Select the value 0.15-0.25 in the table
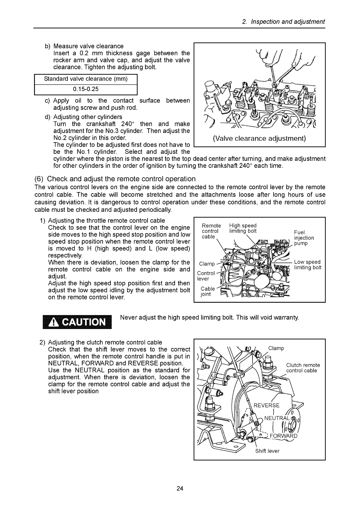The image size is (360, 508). (86, 89)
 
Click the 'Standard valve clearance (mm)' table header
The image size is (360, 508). (86, 79)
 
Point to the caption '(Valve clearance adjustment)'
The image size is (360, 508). (259, 139)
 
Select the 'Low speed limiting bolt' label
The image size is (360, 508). (308, 265)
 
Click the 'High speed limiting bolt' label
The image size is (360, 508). (243, 228)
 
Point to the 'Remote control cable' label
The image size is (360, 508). (211, 231)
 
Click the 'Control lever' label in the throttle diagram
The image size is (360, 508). (206, 276)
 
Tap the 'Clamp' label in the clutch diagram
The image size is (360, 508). (276, 348)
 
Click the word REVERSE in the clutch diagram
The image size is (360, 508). (266, 405)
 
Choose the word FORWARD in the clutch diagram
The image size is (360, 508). (283, 436)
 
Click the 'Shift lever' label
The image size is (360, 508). (267, 451)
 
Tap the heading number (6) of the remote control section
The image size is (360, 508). (39, 179)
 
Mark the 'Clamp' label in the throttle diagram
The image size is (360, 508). (207, 264)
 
